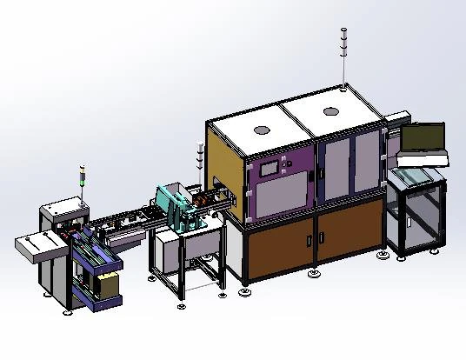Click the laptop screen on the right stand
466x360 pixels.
tap(423, 138)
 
